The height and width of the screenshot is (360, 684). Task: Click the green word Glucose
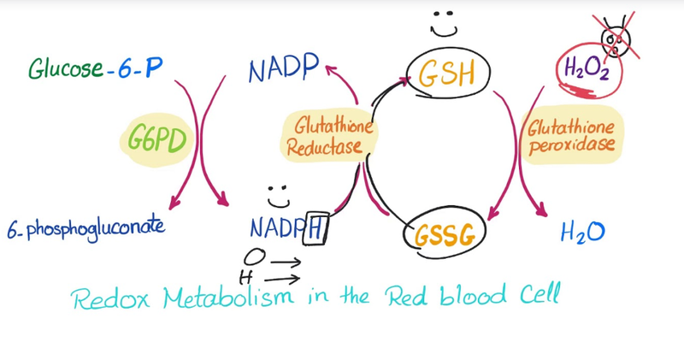(67, 68)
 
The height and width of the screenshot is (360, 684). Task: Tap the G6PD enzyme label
(157, 139)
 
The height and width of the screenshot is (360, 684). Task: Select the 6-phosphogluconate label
(86, 227)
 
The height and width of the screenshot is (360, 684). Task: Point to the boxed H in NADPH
(315, 228)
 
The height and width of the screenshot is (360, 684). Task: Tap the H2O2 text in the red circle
(587, 69)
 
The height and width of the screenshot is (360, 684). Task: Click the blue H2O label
(582, 232)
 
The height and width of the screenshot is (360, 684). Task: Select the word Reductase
(324, 147)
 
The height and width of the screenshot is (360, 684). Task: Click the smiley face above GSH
(444, 24)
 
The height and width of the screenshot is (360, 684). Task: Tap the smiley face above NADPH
(279, 197)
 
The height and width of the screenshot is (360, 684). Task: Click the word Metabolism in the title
(228, 297)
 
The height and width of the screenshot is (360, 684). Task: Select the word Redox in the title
(110, 298)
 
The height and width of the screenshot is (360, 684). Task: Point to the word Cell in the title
(540, 293)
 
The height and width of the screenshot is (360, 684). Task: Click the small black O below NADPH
(254, 257)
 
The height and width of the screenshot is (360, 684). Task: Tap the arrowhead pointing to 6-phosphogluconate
(174, 203)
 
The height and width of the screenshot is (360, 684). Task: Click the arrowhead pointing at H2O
(541, 210)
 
